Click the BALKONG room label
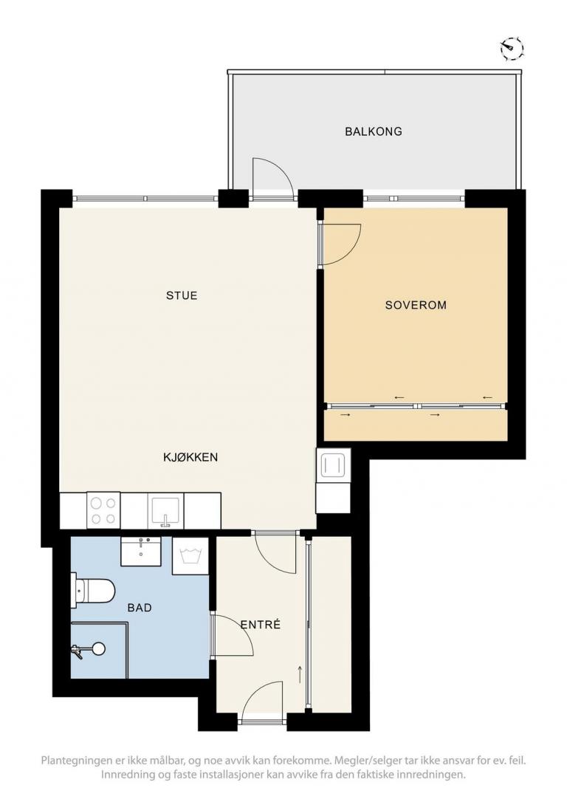374,131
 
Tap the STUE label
182,295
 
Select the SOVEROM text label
416,305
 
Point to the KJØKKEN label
190,456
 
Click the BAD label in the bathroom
139,608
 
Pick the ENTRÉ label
260,624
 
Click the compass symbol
512,48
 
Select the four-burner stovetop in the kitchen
103,510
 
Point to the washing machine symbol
190,556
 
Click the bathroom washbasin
141,552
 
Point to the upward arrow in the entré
300,674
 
